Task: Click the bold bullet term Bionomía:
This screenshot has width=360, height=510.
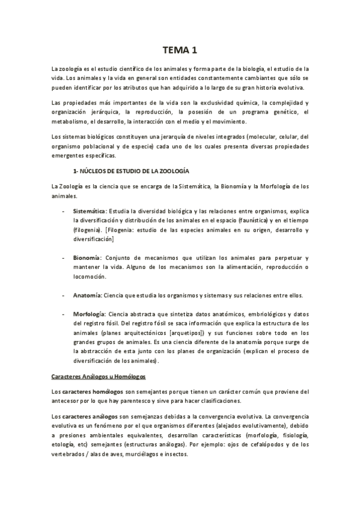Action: pyautogui.click(x=87, y=257)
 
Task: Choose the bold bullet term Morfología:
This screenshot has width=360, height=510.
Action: pyautogui.click(x=89, y=315)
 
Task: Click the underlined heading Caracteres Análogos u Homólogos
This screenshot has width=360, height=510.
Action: pyautogui.click(x=99, y=376)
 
